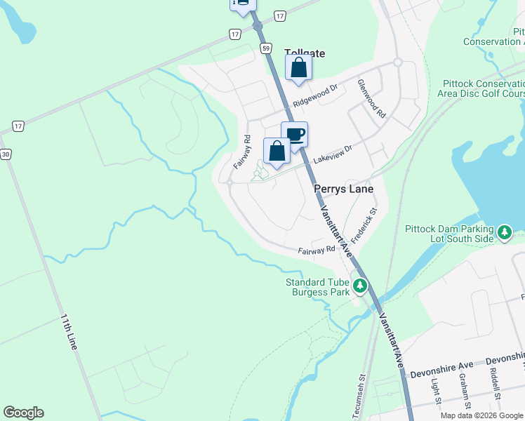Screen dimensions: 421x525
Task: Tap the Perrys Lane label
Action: point(343,189)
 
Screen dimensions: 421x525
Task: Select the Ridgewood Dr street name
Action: point(316,95)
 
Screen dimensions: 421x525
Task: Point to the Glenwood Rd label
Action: point(371,98)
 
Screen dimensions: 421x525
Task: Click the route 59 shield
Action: point(265,48)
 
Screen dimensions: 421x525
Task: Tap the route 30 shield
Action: point(5,154)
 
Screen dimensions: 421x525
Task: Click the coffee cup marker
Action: point(295,133)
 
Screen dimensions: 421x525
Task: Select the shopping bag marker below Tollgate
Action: point(298,67)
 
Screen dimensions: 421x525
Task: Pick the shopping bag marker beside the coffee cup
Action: point(277,150)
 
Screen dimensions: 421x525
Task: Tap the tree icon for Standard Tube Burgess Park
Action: point(360,286)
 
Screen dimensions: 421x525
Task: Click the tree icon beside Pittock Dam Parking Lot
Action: point(504,232)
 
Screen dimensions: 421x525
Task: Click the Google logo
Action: point(23,413)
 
